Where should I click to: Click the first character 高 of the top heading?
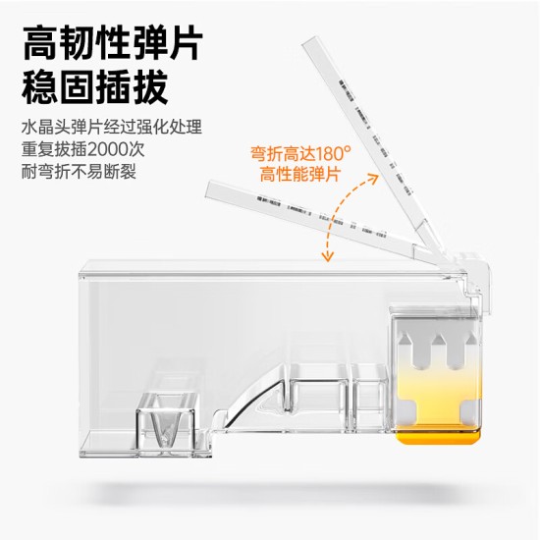tap(40, 42)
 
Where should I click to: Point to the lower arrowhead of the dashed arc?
tap(326, 257)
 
